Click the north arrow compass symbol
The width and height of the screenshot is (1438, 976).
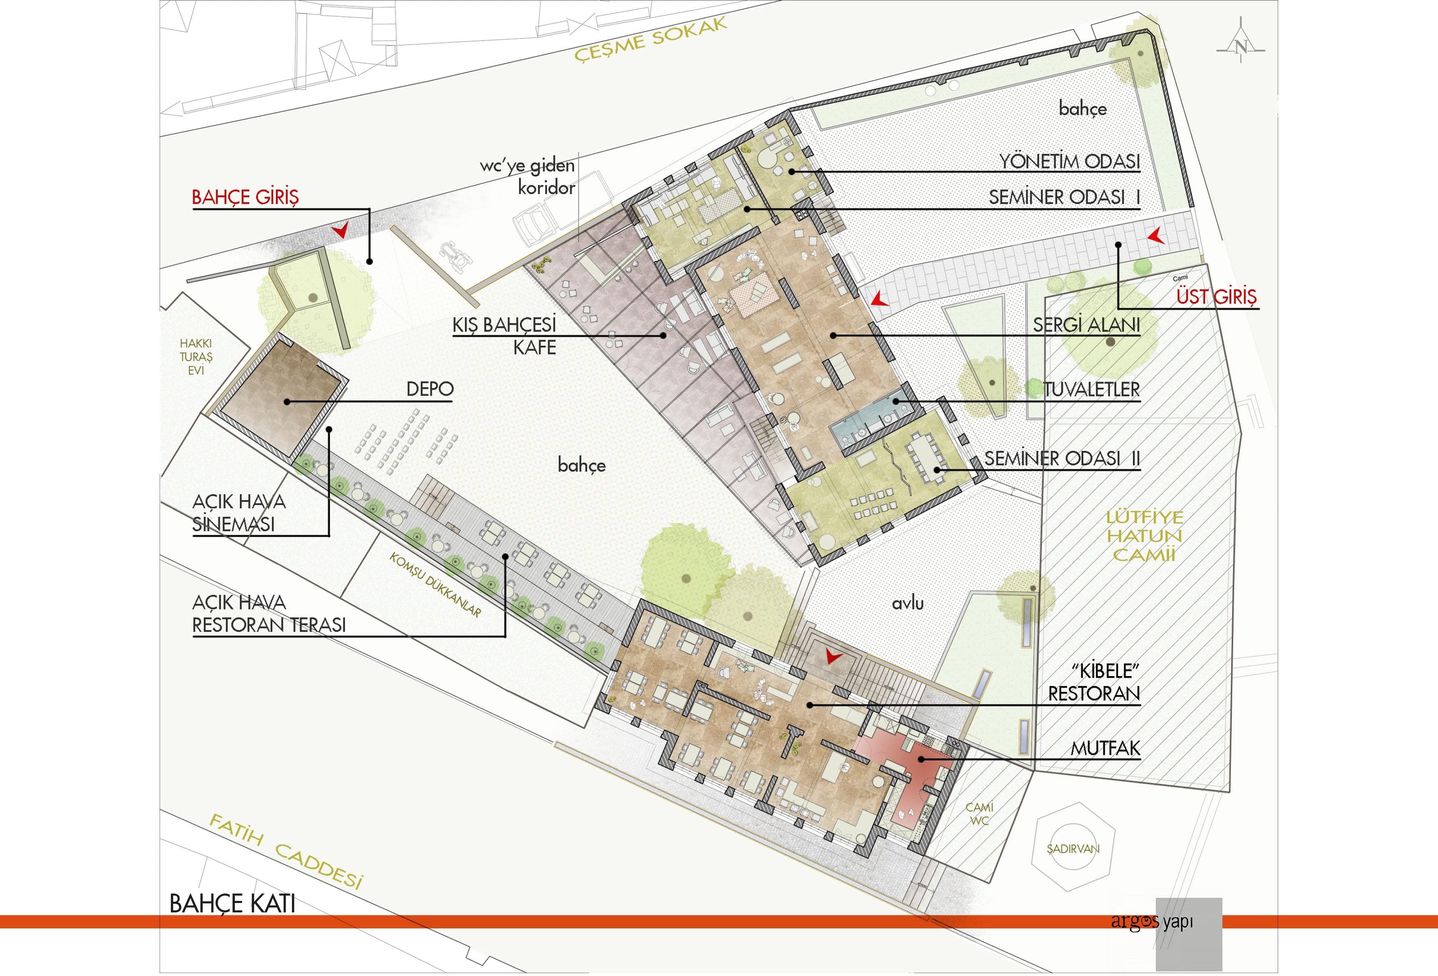pyautogui.click(x=1240, y=45)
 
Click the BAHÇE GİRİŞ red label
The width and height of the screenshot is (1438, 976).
pyautogui.click(x=245, y=197)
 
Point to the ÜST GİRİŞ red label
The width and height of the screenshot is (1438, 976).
pyautogui.click(x=1217, y=297)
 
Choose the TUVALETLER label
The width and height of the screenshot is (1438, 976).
pyautogui.click(x=1092, y=389)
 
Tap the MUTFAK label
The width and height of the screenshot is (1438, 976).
pyautogui.click(x=1105, y=748)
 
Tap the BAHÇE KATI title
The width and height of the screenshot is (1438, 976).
pyautogui.click(x=232, y=903)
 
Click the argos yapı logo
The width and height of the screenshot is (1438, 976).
pyautogui.click(x=1151, y=921)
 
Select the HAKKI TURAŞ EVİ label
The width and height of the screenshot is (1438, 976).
pyautogui.click(x=196, y=357)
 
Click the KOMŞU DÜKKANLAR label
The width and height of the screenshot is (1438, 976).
pyautogui.click(x=435, y=584)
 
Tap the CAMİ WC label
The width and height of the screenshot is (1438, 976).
pyautogui.click(x=980, y=814)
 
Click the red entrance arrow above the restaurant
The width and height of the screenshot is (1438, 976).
pyautogui.click(x=834, y=656)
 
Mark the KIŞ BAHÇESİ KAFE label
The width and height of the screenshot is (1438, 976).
pyautogui.click(x=504, y=336)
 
